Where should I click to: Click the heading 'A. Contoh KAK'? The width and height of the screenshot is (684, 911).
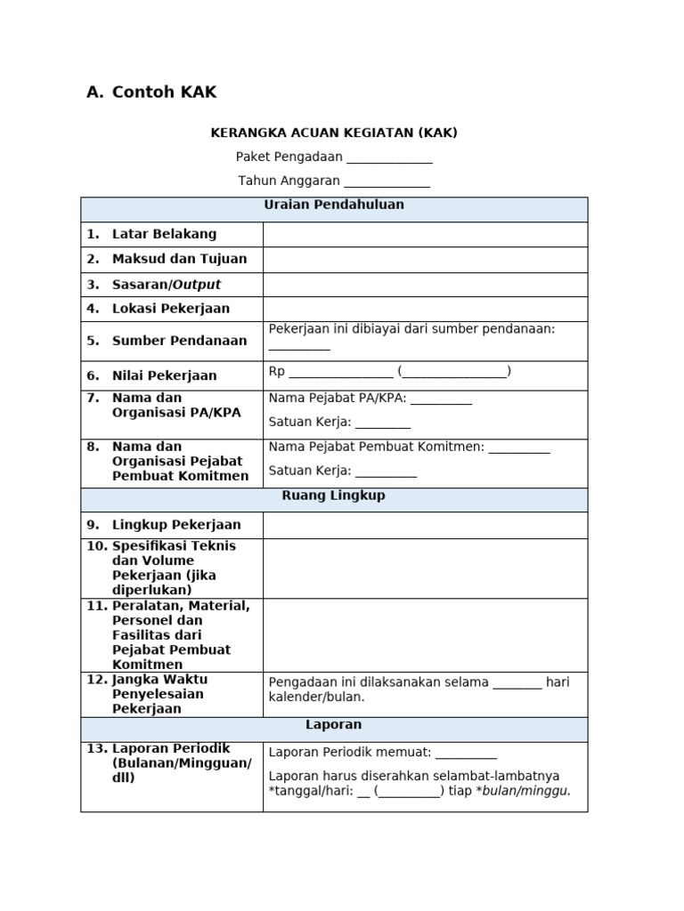click(x=151, y=93)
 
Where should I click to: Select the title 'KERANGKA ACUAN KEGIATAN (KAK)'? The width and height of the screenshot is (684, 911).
click(x=334, y=133)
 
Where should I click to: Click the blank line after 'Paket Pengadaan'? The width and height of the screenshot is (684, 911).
click(x=389, y=158)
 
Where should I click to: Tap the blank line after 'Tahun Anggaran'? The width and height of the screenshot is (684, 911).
click(x=387, y=182)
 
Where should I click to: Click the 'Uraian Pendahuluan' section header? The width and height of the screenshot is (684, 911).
click(x=334, y=206)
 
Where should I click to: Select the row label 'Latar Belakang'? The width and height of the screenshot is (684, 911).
click(x=164, y=235)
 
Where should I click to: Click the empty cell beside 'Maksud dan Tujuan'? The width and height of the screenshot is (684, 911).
click(x=425, y=260)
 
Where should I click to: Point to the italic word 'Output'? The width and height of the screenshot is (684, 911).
click(x=196, y=285)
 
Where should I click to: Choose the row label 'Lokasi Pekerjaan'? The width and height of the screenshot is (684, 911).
click(x=170, y=309)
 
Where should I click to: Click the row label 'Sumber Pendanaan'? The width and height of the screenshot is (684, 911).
click(x=179, y=341)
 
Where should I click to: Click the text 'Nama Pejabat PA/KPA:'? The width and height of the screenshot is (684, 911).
click(x=338, y=399)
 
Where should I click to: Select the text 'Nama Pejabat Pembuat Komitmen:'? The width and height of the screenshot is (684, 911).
click(x=376, y=447)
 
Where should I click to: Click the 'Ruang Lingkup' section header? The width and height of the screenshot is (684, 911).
click(x=334, y=496)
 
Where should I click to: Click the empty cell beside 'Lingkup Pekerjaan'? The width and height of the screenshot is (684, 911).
click(x=425, y=525)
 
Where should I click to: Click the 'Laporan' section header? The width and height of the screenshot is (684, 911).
click(x=334, y=726)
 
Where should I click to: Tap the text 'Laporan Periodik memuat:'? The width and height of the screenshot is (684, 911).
click(x=350, y=753)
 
